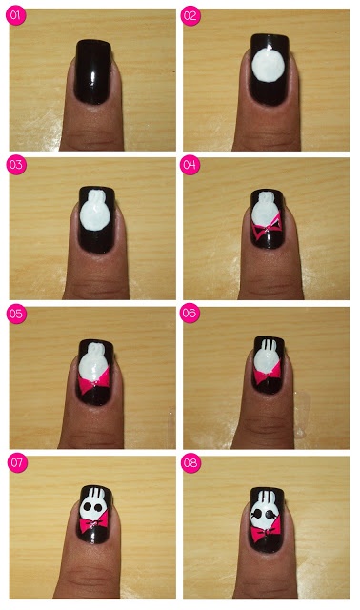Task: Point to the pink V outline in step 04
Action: point(268,232)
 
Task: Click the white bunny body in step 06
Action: point(267,366)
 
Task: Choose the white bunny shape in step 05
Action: point(94,359)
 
